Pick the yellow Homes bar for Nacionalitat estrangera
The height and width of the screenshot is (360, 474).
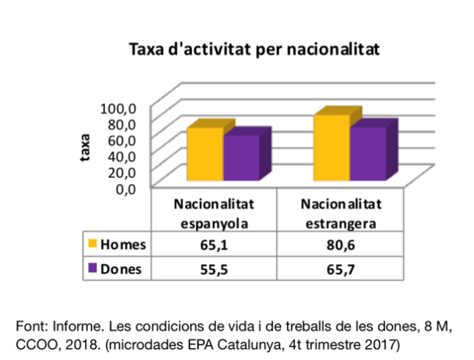point(331,147)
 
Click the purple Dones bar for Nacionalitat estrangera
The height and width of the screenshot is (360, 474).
point(368,153)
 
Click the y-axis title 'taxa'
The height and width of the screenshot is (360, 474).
point(87,147)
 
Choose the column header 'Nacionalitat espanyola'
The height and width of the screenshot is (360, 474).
point(214,212)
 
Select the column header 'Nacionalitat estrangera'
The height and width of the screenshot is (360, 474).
point(340,212)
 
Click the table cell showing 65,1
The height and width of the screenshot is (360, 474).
point(214,245)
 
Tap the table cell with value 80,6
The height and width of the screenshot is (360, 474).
point(340,245)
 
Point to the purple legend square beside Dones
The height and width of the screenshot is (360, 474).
point(93,268)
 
